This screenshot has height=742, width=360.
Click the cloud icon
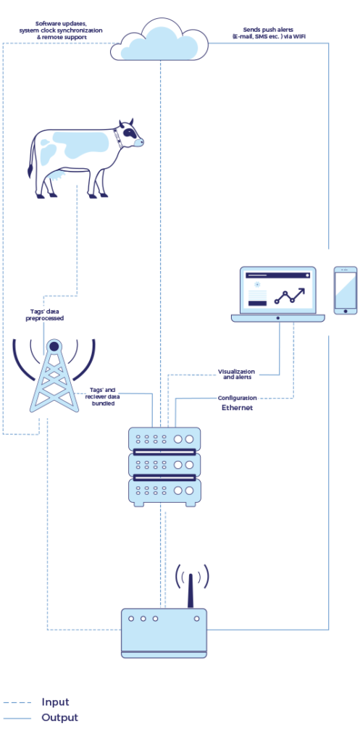pyautogui.click(x=159, y=41)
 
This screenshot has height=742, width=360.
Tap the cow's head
pyautogui.click(x=130, y=135)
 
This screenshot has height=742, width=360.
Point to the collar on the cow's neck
pyautogui.click(x=117, y=138)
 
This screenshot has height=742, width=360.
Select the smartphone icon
pyautogui.click(x=346, y=290)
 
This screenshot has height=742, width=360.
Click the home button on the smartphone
pyautogui.click(x=346, y=311)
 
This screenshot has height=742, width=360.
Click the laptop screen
pyautogui.click(x=278, y=291)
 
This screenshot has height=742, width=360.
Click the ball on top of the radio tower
pyautogui.click(x=54, y=346)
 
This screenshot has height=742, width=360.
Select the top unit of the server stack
pyautogui.click(x=164, y=439)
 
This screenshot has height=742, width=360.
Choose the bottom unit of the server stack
pyautogui.click(x=164, y=491)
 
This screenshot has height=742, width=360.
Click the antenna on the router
pyautogui.click(x=191, y=588)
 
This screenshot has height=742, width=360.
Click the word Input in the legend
pyautogui.click(x=56, y=702)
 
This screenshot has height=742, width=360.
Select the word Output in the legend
pyautogui.click(x=60, y=718)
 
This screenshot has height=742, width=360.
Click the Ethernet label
pyautogui.click(x=237, y=408)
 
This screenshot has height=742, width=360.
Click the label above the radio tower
pyautogui.click(x=44, y=314)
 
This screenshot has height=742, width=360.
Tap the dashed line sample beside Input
pyautogui.click(x=17, y=702)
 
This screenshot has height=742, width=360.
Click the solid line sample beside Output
pyautogui.click(x=17, y=718)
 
